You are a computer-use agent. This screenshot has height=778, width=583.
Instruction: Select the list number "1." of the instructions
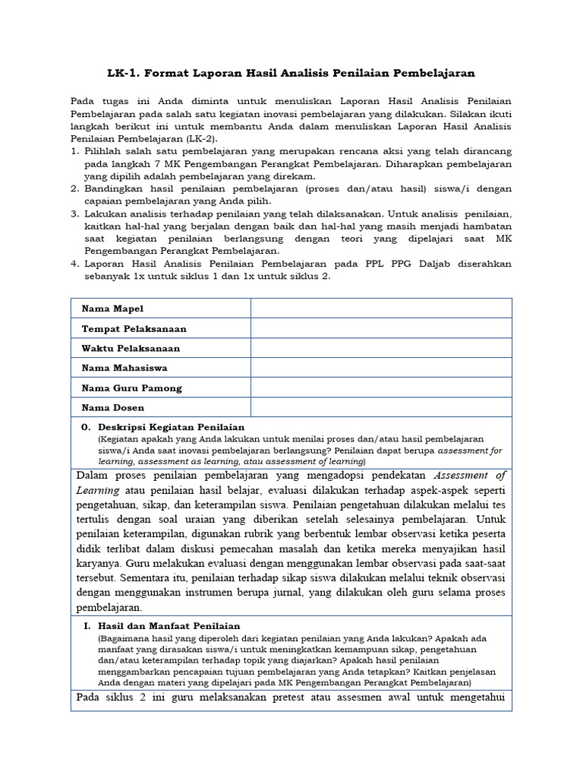click(75, 152)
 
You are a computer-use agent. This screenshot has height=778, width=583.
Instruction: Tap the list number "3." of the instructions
click(75, 214)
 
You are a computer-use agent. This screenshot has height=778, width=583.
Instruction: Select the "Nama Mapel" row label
click(112, 308)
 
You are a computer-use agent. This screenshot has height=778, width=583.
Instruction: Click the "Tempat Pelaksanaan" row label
click(134, 328)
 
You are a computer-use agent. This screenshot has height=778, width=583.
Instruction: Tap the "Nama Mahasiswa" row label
click(124, 368)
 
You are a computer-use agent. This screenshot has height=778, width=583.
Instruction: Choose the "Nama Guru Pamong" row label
click(131, 387)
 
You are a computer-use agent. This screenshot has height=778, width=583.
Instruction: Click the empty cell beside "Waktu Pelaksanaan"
click(381, 348)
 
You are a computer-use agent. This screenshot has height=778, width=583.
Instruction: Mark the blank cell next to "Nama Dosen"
click(381, 407)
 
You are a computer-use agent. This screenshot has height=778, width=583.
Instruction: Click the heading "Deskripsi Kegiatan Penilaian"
click(171, 427)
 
